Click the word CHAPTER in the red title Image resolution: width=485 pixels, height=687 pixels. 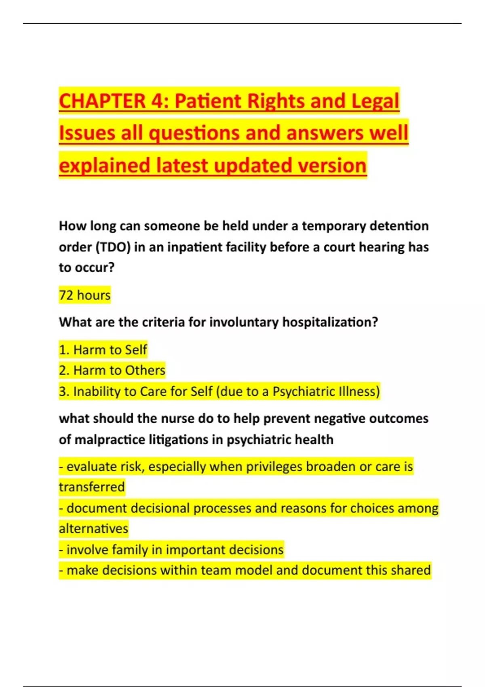click(x=102, y=101)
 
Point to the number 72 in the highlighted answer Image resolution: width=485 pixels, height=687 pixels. click(x=66, y=295)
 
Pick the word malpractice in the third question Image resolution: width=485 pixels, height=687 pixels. click(x=110, y=439)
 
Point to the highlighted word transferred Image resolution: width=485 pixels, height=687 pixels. click(x=92, y=487)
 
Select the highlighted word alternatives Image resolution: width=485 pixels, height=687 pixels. click(x=93, y=529)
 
